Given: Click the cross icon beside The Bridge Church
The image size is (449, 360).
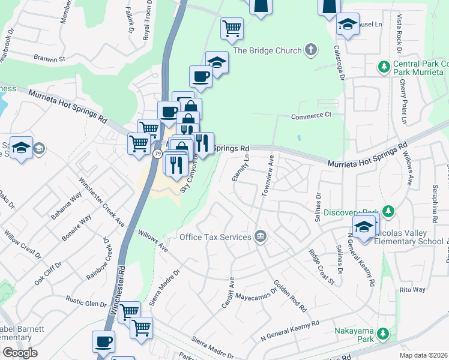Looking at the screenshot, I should [x=310, y=50].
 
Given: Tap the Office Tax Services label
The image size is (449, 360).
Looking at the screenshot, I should [x=215, y=237].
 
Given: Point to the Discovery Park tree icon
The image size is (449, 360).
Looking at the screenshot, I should [x=388, y=211].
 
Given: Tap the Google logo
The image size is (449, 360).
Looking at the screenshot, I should [x=20, y=353].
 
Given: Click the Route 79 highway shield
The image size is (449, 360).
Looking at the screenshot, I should [x=157, y=154].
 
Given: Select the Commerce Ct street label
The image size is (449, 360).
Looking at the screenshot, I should [x=312, y=115].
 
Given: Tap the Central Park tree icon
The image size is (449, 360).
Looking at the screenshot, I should [x=385, y=65].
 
